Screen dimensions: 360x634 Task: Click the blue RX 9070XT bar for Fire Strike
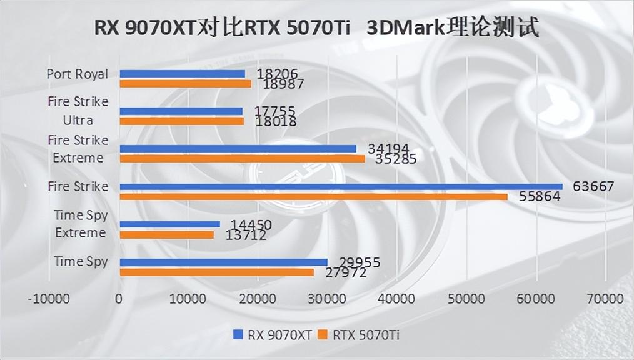(341, 186)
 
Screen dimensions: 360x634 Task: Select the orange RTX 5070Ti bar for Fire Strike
(313, 197)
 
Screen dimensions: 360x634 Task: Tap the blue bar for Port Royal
(182, 74)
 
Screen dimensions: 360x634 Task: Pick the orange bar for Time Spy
(216, 272)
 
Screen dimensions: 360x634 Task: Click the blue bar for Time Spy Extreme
(169, 224)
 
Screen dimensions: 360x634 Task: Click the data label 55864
(540, 197)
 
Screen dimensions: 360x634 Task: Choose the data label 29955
(360, 262)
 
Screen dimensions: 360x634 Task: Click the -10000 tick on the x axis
(49, 299)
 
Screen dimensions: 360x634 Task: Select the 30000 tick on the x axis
(327, 299)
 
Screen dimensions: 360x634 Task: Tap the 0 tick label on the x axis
(119, 299)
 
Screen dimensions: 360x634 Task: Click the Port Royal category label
(77, 74)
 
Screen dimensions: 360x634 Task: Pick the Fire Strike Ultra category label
(78, 110)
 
